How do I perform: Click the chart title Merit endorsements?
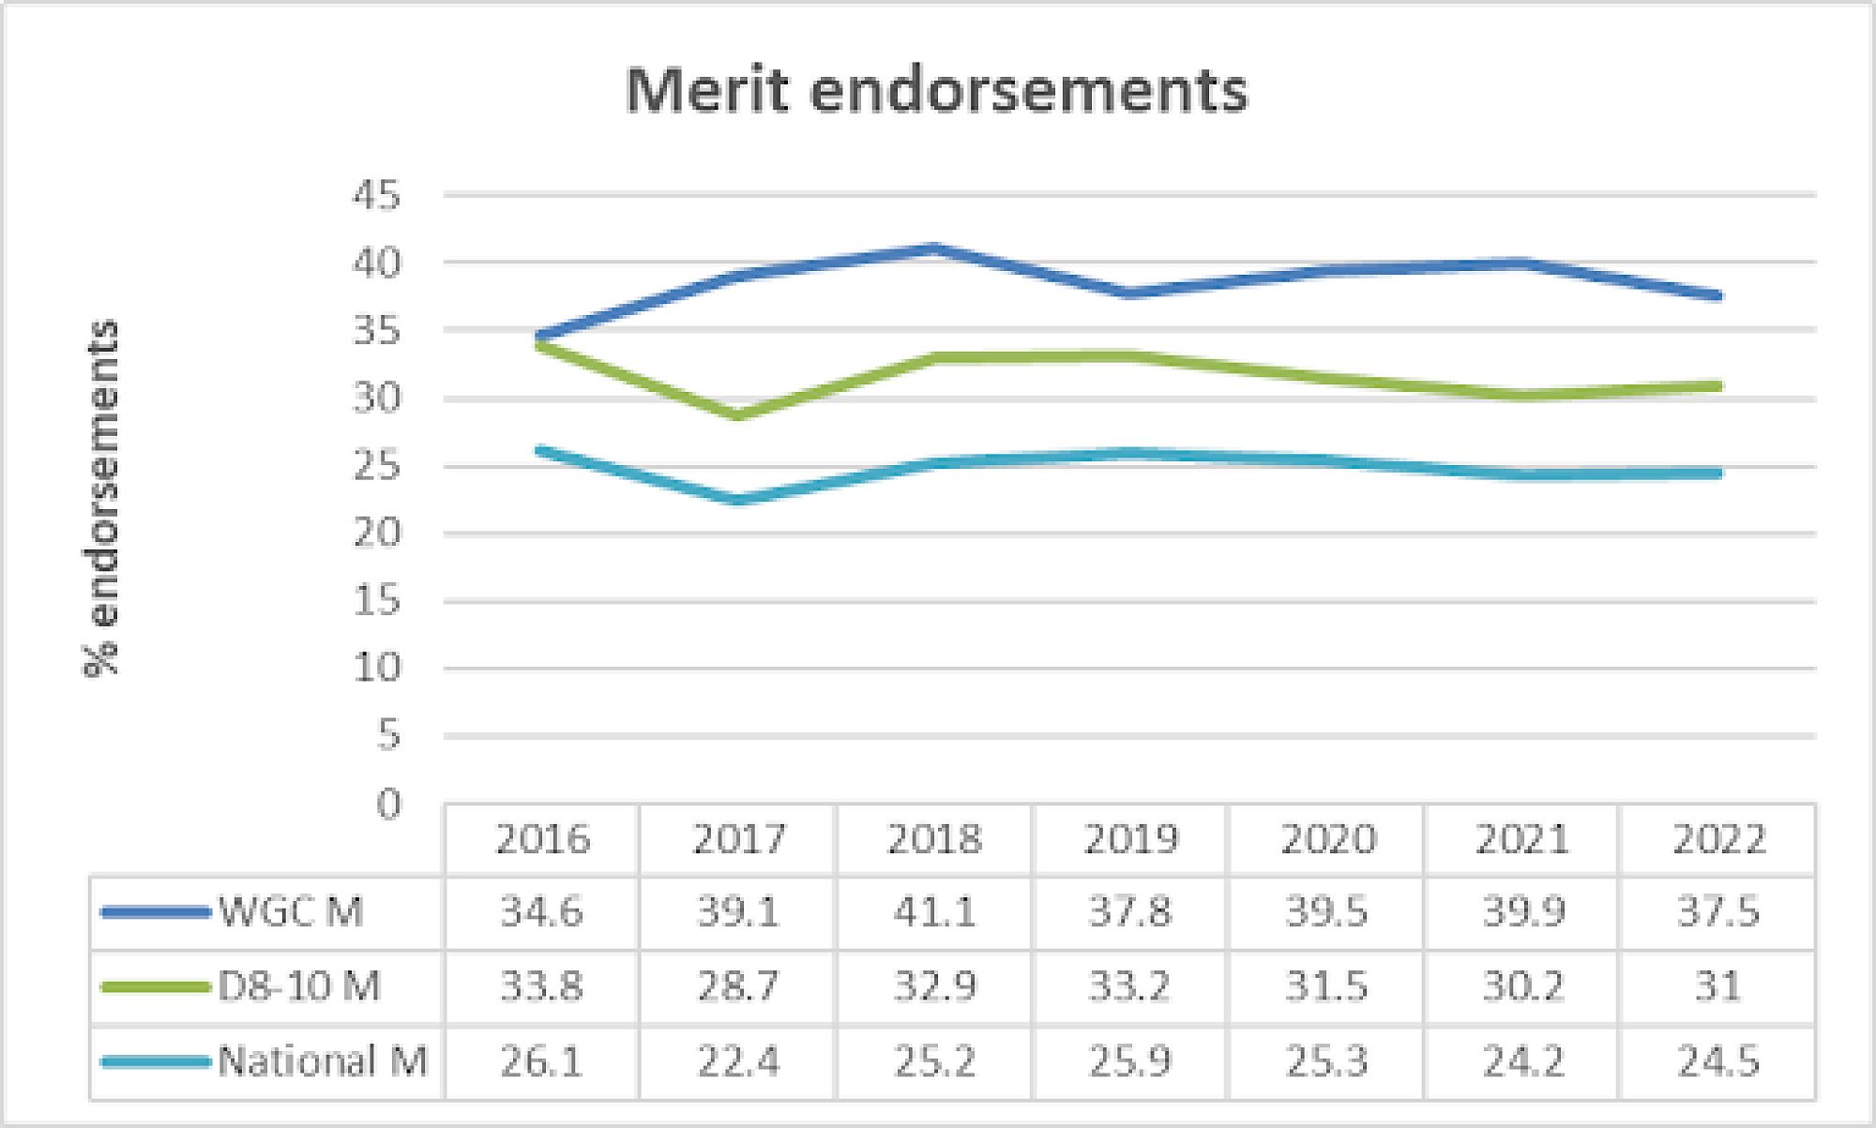click(936, 91)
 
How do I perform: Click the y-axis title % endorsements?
click(101, 498)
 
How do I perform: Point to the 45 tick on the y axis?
click(376, 196)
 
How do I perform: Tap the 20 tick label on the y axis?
click(376, 534)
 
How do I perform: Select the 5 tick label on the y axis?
click(388, 736)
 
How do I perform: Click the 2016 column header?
click(542, 839)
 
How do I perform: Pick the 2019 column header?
click(1130, 839)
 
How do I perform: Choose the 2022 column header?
click(1718, 839)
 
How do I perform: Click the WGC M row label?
click(291, 911)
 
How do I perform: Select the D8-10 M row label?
click(299, 986)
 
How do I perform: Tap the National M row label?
click(322, 1061)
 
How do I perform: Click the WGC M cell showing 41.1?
click(934, 911)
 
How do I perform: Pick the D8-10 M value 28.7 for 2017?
click(738, 986)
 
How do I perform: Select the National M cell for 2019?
click(1130, 1061)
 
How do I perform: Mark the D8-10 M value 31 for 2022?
click(1718, 986)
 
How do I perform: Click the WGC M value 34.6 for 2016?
click(542, 911)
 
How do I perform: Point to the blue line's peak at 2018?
click(934, 248)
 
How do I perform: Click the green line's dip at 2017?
click(738, 415)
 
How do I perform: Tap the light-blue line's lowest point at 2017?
click(738, 501)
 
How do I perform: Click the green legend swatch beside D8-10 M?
click(155, 986)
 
